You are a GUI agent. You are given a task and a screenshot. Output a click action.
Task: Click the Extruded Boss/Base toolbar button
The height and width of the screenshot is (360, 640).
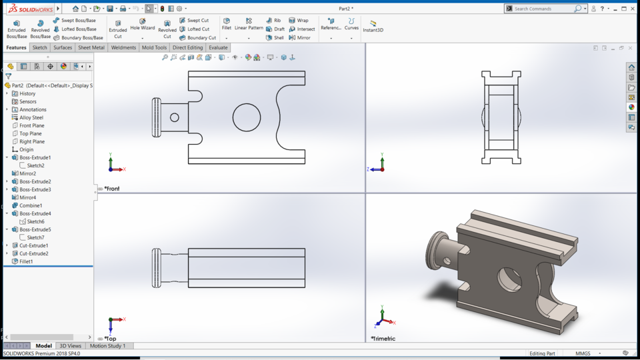click(x=17, y=29)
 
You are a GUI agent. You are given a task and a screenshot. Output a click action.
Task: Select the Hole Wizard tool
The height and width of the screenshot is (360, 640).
click(x=142, y=25)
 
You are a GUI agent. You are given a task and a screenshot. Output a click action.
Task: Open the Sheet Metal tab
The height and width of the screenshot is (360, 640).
click(x=91, y=47)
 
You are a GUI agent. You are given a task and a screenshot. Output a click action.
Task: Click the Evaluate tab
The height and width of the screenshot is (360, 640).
click(x=218, y=47)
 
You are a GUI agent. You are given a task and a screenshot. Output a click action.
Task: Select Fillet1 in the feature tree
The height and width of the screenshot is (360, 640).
click(x=26, y=261)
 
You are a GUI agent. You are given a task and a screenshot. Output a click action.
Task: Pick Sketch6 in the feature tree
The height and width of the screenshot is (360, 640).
click(x=35, y=221)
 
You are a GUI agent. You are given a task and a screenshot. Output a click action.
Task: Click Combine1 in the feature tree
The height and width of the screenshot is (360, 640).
click(x=31, y=205)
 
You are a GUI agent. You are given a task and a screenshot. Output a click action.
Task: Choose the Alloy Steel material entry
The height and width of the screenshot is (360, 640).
click(x=31, y=117)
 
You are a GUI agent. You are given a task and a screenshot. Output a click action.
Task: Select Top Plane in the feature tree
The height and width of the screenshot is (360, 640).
click(x=31, y=133)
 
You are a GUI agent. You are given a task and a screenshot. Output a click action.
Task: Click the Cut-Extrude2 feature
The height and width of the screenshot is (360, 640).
click(x=33, y=253)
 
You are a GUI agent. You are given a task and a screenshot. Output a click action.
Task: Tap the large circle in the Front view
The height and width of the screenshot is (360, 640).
click(x=247, y=117)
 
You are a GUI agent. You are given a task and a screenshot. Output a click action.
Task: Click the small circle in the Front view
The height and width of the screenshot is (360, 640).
click(x=175, y=117)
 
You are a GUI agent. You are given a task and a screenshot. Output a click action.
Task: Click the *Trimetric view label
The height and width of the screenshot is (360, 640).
click(x=383, y=339)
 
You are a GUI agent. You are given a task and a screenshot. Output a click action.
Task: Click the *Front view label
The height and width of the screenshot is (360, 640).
click(x=112, y=189)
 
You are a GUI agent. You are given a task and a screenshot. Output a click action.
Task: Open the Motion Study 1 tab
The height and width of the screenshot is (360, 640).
click(x=107, y=346)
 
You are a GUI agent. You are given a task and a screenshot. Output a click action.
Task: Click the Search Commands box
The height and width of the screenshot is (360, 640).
click(x=543, y=9)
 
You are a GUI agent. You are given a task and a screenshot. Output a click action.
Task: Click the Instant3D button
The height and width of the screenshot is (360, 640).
click(x=373, y=26)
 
